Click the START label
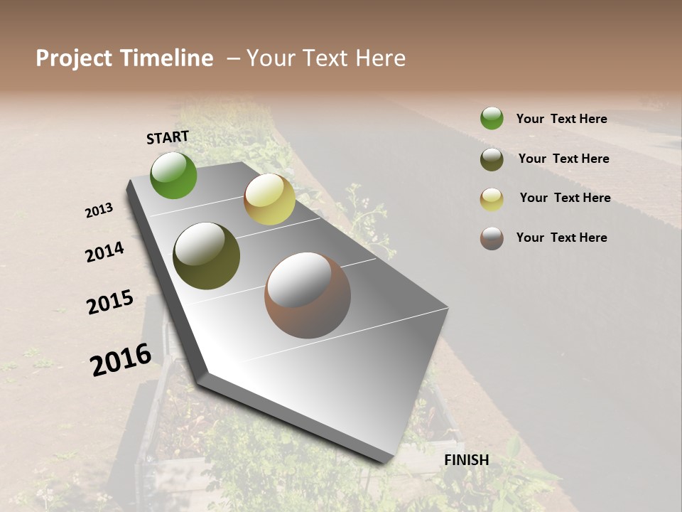[x=168, y=137]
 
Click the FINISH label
[x=467, y=460]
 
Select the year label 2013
[x=99, y=210]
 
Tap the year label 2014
[x=104, y=252]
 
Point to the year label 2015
[x=110, y=302]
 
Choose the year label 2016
[x=121, y=359]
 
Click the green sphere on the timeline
[x=173, y=175]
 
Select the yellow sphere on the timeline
[x=269, y=199]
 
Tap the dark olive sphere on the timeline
[x=206, y=256]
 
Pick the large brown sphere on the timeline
[x=308, y=295]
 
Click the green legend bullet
[x=492, y=118]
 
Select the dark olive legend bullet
[x=492, y=159]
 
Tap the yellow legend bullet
[x=492, y=198]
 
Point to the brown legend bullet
[x=492, y=238]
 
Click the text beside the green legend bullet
[x=561, y=119]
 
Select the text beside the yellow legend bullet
[x=565, y=198]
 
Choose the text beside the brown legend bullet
[x=561, y=238]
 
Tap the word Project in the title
[x=73, y=58]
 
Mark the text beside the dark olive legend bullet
[x=563, y=159]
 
